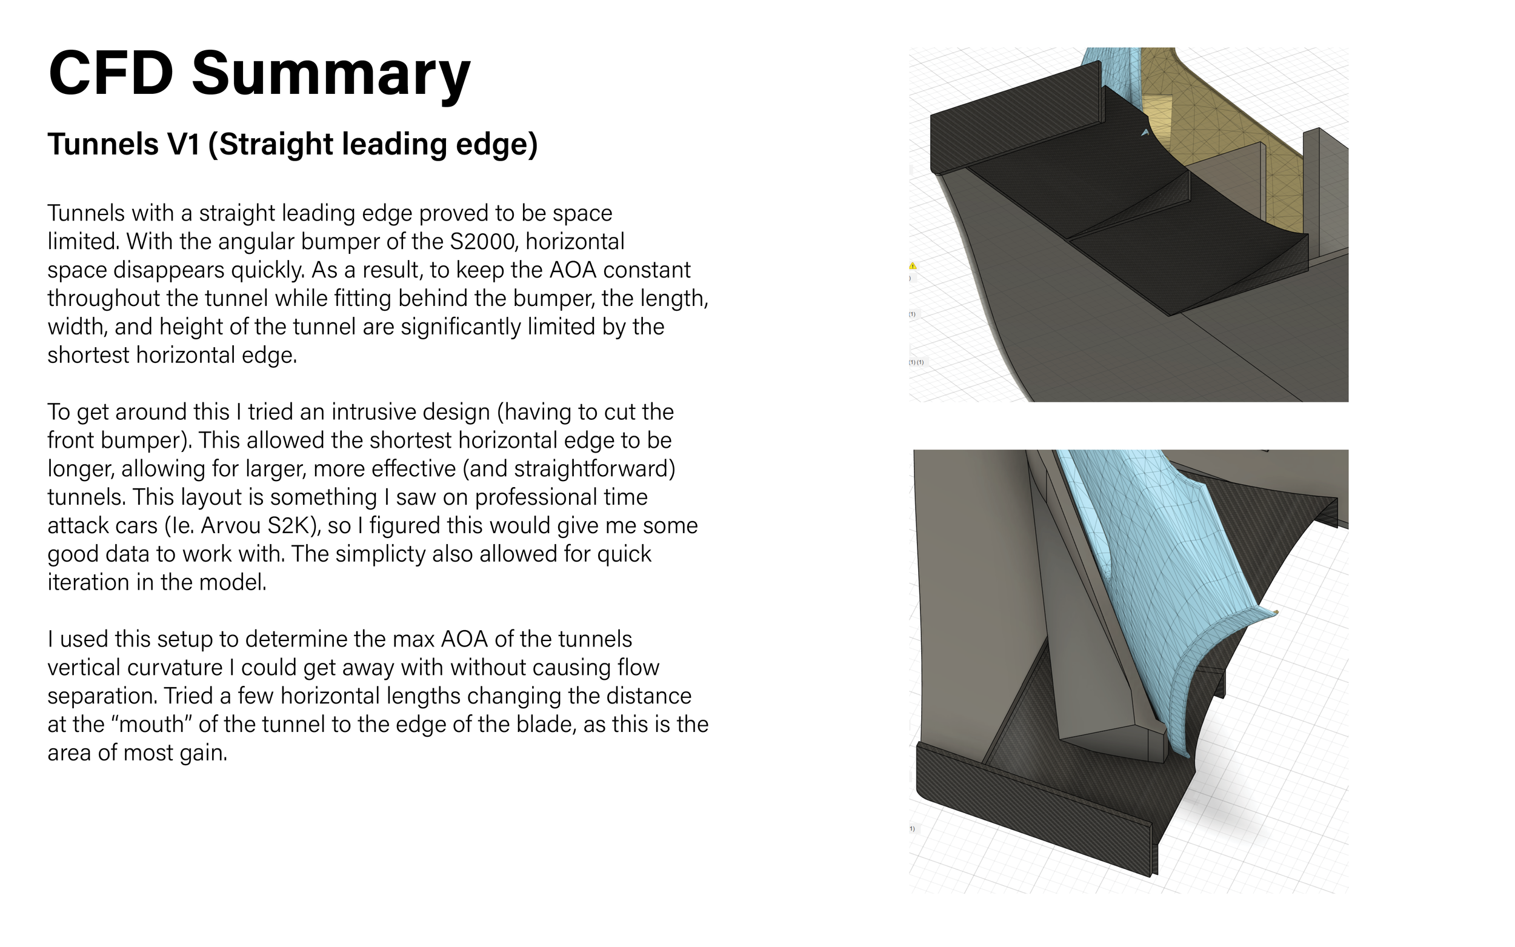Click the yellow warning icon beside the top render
[913, 266]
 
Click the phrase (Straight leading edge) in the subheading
[373, 145]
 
